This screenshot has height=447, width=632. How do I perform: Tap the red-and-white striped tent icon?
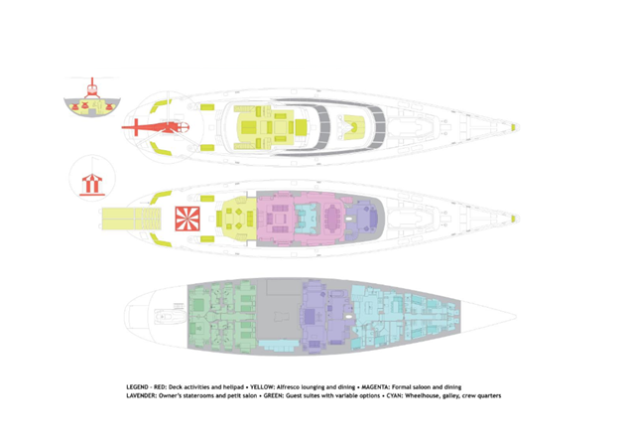tap(88, 183)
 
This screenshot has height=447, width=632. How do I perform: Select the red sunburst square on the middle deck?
tap(187, 217)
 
